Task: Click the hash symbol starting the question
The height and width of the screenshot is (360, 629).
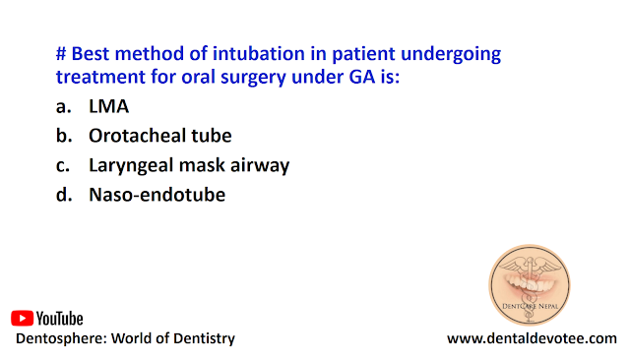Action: pos(61,54)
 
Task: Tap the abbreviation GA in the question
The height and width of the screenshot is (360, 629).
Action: pos(362,77)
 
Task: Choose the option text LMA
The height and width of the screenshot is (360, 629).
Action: pos(108,106)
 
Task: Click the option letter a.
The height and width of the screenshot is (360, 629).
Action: pos(63,107)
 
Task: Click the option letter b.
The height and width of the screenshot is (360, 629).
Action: pos(64,136)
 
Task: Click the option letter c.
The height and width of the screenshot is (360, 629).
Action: pos(63,166)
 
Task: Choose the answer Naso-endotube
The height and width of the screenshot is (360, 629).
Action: pos(157,195)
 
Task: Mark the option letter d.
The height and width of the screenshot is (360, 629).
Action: pos(64,195)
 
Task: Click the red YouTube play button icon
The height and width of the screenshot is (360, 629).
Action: pos(22,319)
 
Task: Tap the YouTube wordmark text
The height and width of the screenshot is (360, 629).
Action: pos(59,319)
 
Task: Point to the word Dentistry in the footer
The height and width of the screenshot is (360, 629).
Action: pos(204,339)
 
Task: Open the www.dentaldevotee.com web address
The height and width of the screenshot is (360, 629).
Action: pos(532,338)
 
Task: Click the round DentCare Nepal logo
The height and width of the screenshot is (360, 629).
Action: pos(530,284)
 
